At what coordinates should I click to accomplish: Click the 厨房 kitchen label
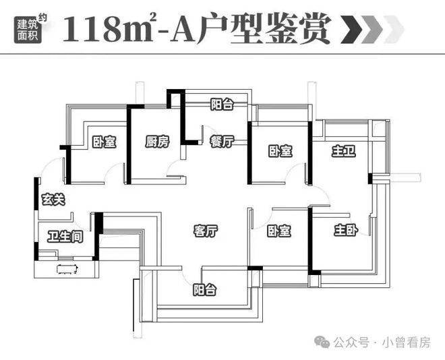click(x=156, y=142)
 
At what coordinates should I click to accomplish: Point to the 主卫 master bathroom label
click(x=343, y=151)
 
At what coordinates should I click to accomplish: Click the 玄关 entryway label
click(x=53, y=199)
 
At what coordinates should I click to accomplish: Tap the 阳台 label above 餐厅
click(x=221, y=104)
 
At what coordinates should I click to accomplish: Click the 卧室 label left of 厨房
click(x=104, y=142)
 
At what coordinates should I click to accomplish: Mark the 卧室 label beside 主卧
click(x=278, y=231)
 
